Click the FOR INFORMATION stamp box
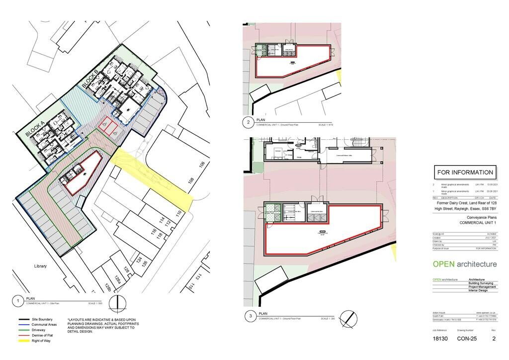pos(465,173)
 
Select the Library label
pos(40,266)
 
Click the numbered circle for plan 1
pos(17,301)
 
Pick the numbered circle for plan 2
pos(248,122)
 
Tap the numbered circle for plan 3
pos(250,316)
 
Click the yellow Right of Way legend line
pos(24,341)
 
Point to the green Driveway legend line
pos(24,330)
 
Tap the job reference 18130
pos(441,339)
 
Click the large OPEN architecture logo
pos(464,264)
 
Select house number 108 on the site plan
pos(191,180)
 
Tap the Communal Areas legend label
pos(44,325)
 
